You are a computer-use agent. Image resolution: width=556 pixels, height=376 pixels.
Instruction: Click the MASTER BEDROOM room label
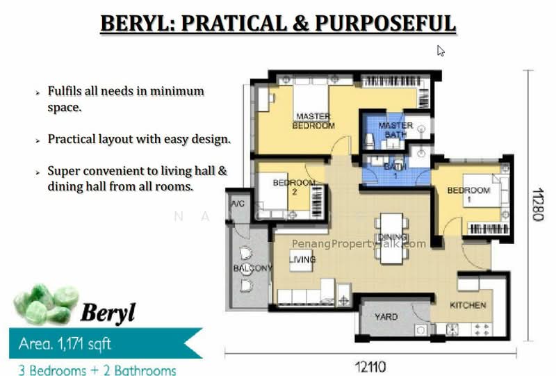point(313,121)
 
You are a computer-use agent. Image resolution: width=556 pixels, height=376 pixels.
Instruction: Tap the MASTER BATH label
point(395,130)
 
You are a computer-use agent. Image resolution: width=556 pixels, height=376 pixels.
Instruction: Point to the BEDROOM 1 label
point(468,195)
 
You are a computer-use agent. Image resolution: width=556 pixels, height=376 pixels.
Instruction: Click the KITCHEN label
point(468,305)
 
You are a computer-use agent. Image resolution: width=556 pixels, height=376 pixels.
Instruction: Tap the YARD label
point(386,316)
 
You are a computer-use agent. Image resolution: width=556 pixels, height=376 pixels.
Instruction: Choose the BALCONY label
point(253,268)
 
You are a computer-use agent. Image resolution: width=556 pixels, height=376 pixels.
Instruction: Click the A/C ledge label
point(238,204)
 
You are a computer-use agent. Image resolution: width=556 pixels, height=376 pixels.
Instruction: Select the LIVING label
point(302,259)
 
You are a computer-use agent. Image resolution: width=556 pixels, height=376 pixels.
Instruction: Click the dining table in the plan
point(391,238)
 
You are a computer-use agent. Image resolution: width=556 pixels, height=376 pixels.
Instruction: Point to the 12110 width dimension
point(370,367)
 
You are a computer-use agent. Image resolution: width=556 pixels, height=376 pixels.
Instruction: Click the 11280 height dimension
point(538,204)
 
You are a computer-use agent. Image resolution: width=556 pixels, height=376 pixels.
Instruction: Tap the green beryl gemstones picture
point(46,304)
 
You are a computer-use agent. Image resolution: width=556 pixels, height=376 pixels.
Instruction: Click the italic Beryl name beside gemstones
point(108,313)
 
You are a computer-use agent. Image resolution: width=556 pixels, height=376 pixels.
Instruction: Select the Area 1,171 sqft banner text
point(65,344)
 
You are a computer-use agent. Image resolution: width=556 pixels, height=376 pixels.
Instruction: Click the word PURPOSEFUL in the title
point(385,24)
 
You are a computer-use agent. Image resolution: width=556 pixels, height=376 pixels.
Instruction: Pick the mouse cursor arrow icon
point(441,51)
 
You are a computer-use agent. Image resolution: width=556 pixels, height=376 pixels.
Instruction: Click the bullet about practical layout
point(139,139)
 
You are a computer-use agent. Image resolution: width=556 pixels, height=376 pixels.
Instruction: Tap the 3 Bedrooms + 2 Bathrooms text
point(97,370)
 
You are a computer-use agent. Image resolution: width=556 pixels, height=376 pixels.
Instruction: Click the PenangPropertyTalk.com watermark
point(359,244)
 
